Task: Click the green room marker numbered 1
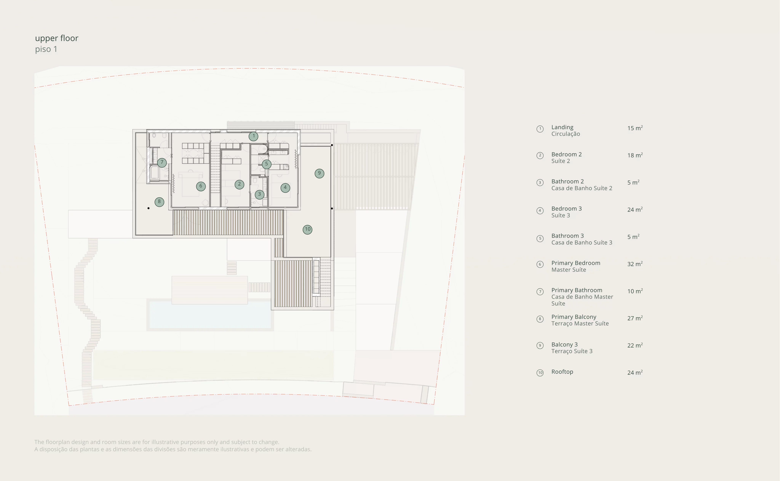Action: (x=253, y=136)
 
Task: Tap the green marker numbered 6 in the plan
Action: (x=201, y=186)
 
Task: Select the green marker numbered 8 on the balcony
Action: (x=159, y=202)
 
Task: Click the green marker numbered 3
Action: (x=260, y=194)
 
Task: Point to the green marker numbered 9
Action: (x=319, y=173)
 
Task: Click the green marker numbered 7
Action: (x=162, y=162)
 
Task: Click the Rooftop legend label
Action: (x=562, y=372)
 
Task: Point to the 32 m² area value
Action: (x=635, y=264)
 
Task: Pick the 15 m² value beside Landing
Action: (x=635, y=128)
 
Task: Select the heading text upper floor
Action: (x=57, y=38)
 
